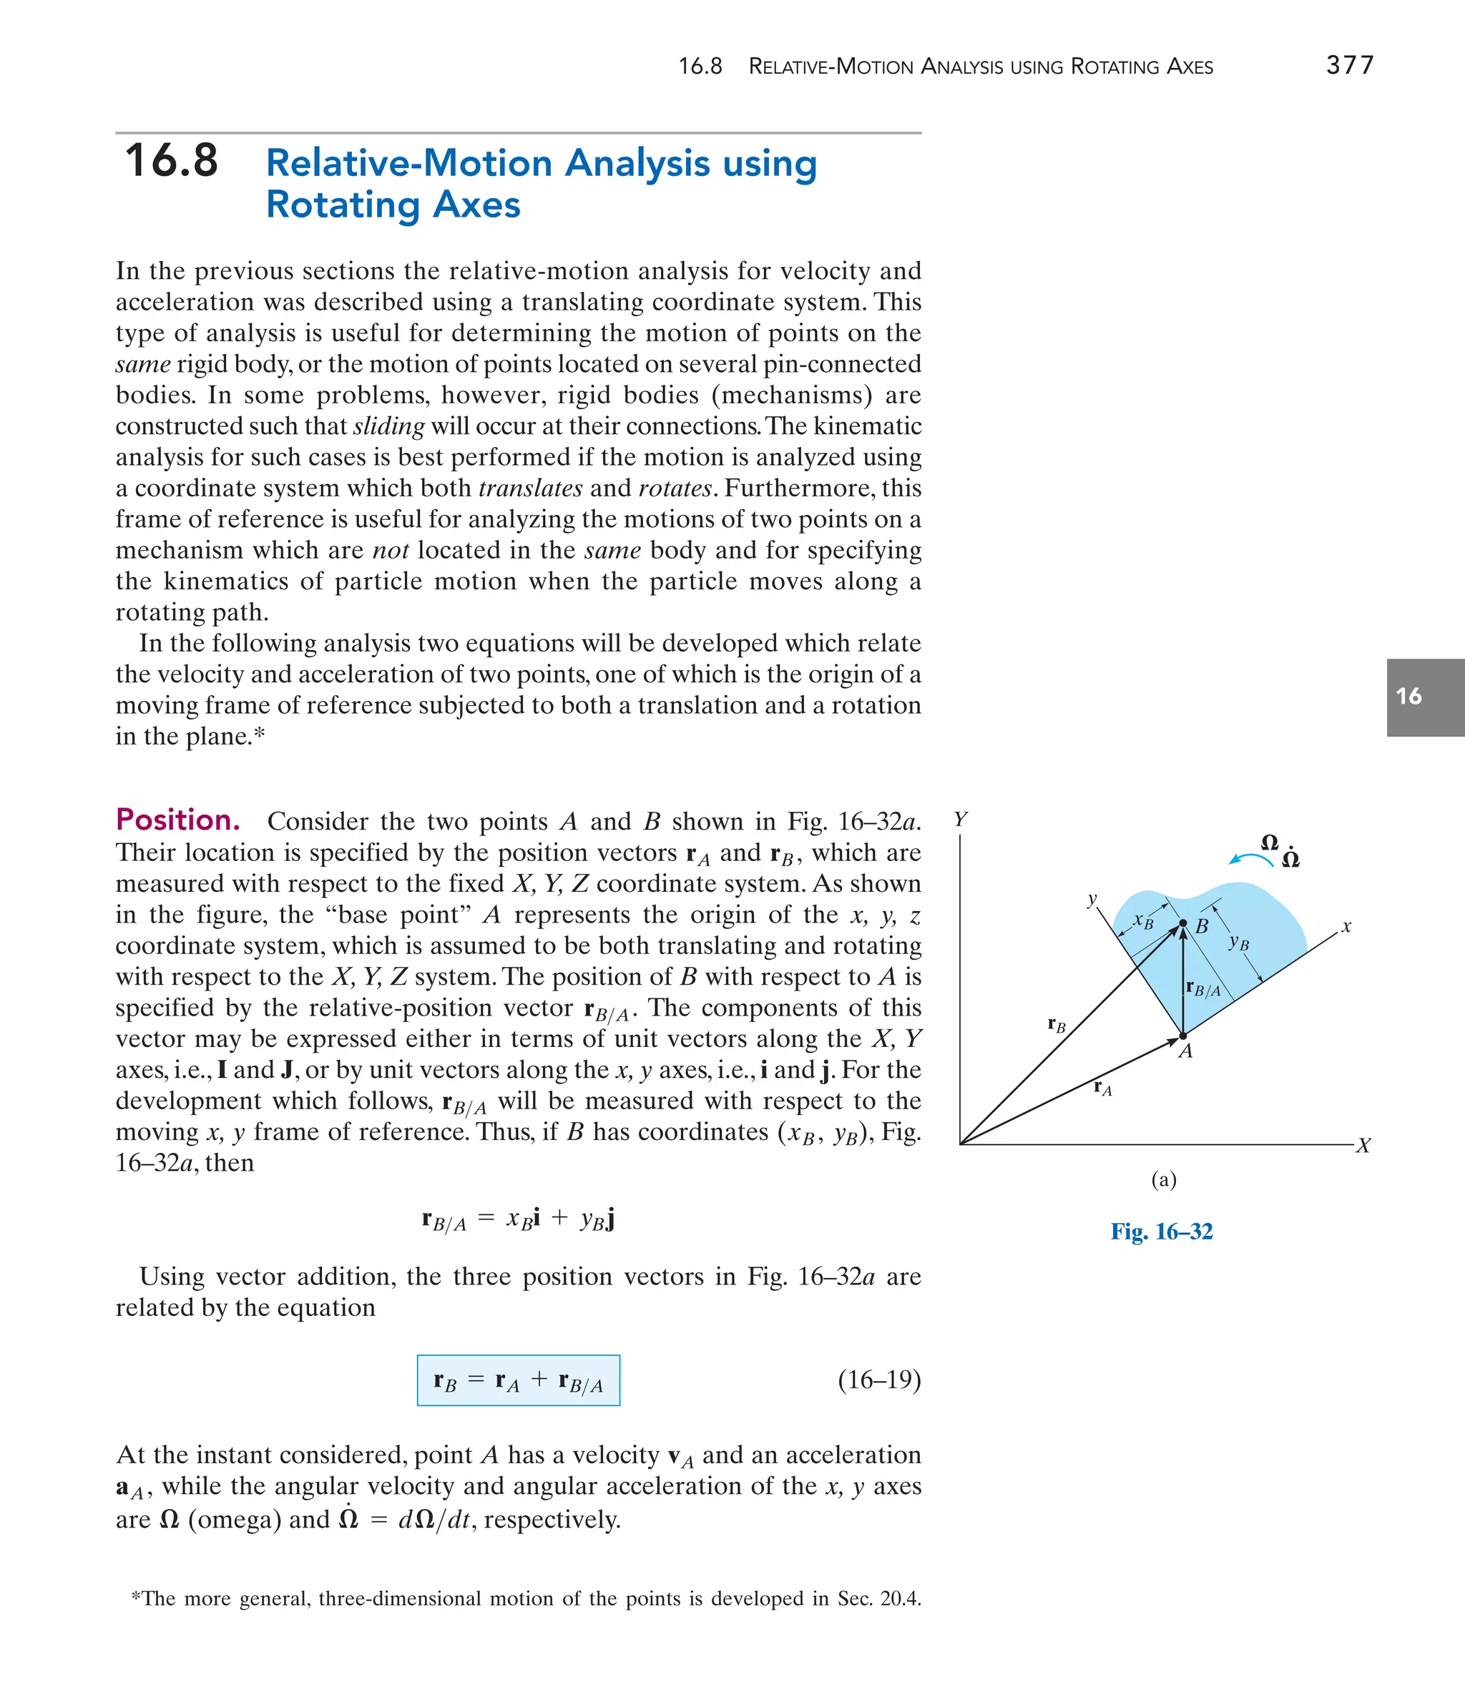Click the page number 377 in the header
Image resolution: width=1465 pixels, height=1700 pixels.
1349,65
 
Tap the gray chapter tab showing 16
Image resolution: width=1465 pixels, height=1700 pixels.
1425,697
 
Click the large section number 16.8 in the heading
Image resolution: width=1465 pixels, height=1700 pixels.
172,161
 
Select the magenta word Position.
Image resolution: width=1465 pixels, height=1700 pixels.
178,820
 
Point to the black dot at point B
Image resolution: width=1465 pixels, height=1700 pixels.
1182,924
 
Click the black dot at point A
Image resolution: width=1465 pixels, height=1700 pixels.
1182,1036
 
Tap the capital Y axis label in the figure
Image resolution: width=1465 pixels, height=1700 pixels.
960,819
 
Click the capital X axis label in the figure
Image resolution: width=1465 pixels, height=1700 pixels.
1363,1145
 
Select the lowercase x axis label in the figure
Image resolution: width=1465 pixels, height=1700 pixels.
1346,927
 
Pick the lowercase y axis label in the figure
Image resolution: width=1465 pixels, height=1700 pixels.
1092,899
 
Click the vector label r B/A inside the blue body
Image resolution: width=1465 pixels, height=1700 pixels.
1203,988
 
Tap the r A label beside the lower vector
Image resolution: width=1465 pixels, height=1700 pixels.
1103,1089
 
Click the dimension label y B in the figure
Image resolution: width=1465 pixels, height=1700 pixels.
1238,943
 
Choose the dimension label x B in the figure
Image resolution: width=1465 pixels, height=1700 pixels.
1143,921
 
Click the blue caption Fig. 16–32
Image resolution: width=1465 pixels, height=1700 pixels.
1161,1232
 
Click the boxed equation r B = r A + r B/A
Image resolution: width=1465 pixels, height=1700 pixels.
518,1381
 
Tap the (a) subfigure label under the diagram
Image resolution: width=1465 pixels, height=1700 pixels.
1163,1180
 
